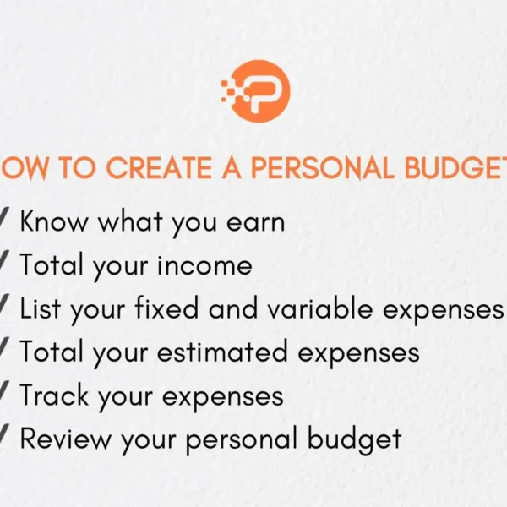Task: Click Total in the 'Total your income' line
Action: tap(51, 266)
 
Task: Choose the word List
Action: tap(42, 309)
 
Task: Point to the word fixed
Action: tap(166, 309)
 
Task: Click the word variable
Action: tap(320, 309)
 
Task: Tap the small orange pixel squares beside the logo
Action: tap(229, 86)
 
